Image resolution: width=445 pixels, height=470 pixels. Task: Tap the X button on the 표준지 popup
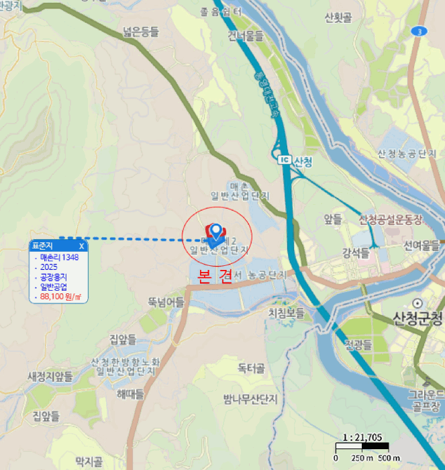[81, 246]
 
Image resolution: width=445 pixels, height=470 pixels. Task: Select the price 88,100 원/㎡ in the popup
[60, 296]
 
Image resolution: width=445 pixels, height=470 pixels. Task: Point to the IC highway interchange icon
[283, 160]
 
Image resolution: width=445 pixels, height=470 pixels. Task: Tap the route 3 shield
[420, 31]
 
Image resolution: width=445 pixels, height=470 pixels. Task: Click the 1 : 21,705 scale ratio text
[361, 436]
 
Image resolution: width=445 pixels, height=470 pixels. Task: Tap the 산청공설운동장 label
[391, 220]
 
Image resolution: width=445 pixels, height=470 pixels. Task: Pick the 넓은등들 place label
[141, 31]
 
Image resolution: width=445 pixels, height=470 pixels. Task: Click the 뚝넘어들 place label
[166, 302]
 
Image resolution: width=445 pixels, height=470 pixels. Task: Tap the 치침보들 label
[286, 313]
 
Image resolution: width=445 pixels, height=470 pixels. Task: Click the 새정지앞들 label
[50, 376]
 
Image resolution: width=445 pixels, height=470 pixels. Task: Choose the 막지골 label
[89, 461]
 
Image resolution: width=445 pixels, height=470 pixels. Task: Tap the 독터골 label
[251, 369]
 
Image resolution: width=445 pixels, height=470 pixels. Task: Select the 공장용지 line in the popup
[54, 277]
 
